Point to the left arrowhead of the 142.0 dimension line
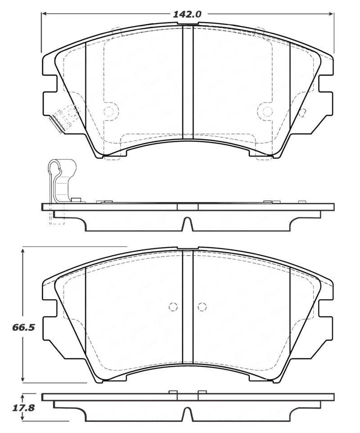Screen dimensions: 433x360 click(x=45, y=14)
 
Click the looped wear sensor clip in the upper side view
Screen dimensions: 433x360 click(x=58, y=178)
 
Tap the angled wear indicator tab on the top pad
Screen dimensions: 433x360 click(x=57, y=123)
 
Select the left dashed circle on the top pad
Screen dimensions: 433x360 click(x=109, y=111)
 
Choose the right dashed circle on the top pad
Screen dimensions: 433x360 click(x=267, y=111)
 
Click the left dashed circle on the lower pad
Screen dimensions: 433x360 click(x=173, y=307)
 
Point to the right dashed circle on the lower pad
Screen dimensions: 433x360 click(x=202, y=307)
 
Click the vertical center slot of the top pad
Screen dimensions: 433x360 click(x=188, y=81)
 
